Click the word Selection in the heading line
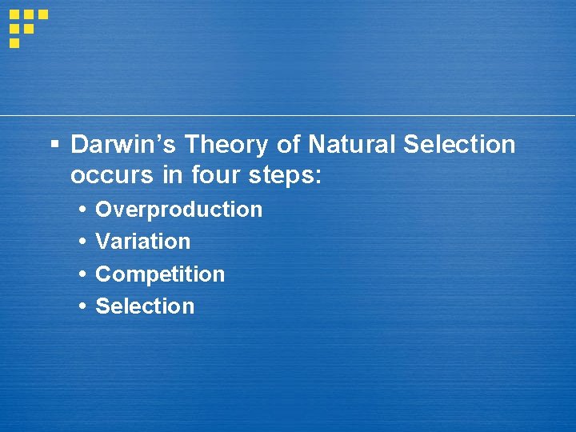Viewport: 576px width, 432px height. [459, 145]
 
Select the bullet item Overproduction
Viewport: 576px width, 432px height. [178, 210]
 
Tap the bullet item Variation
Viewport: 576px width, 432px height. [142, 242]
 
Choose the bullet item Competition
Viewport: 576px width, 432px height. [160, 274]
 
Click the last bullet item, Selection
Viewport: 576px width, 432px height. [145, 306]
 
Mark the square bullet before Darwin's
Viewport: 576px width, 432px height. [54, 146]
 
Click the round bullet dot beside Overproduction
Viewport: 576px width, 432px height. [83, 210]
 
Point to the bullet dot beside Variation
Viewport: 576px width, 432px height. [83, 242]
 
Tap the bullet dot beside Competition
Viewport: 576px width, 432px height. [83, 274]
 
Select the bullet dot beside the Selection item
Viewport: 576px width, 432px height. [83, 306]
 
